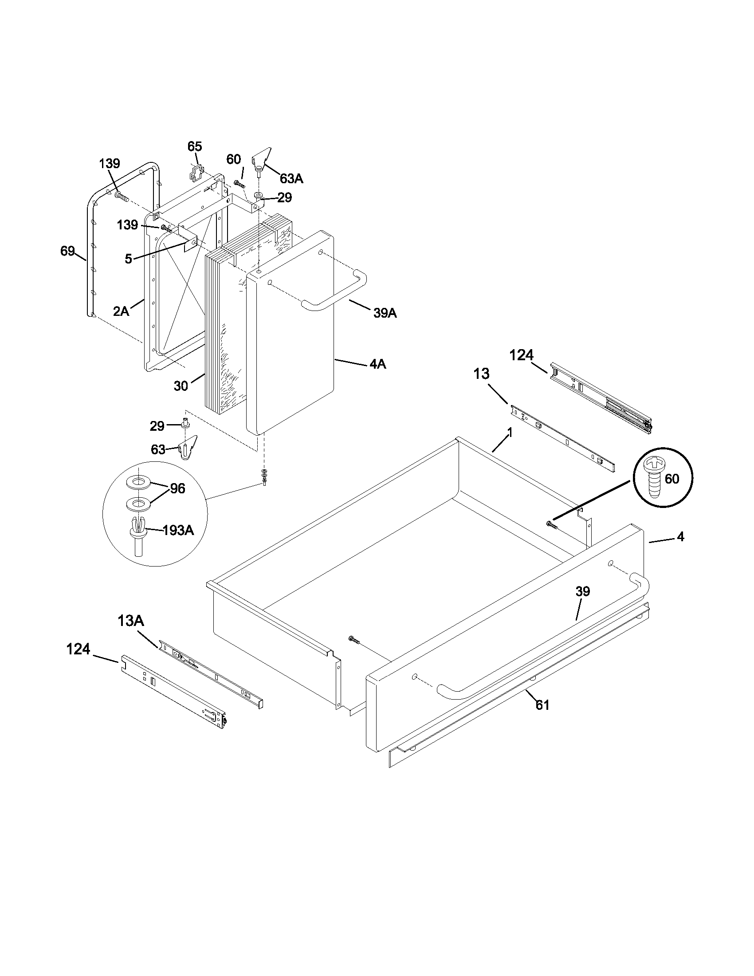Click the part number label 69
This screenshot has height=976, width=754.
coord(67,252)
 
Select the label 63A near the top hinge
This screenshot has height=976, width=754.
coord(291,179)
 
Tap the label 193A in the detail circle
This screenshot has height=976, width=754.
coord(178,530)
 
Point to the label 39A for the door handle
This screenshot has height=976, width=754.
coord(385,313)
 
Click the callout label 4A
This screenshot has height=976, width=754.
coord(377,364)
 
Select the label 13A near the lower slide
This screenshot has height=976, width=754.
coord(130,621)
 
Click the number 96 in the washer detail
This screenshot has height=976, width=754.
coord(177,489)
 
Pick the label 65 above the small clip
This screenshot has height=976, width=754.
coord(194,146)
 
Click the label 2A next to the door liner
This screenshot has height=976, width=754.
coord(121,311)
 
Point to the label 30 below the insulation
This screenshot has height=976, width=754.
coord(181,386)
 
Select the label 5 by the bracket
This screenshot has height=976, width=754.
coord(128,259)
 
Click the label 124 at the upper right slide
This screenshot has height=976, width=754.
coord(521,355)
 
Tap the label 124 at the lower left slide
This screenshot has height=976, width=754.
coord(78,649)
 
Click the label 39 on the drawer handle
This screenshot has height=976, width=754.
coord(582,592)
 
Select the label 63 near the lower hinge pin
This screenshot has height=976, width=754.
coord(158,449)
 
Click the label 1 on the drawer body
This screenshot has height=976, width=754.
coord(509,433)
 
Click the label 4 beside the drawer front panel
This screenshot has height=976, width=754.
coord(680,537)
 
